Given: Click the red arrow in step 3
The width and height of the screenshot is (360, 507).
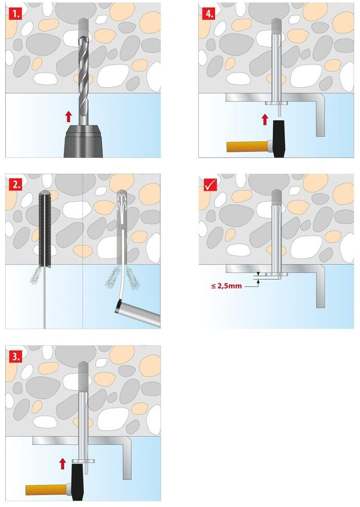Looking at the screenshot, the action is point(63,463).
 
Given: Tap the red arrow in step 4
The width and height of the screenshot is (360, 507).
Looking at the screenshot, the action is point(265,119).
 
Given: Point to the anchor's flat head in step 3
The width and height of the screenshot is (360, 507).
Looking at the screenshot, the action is point(83,460).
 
